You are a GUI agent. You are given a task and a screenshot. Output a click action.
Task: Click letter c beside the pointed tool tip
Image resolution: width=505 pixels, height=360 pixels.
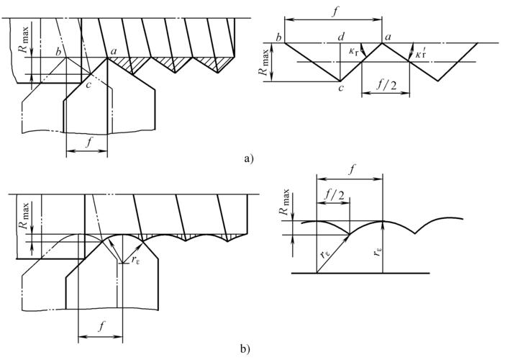point(88,86)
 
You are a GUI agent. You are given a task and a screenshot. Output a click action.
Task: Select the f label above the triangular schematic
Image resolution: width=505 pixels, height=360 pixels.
point(333,11)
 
